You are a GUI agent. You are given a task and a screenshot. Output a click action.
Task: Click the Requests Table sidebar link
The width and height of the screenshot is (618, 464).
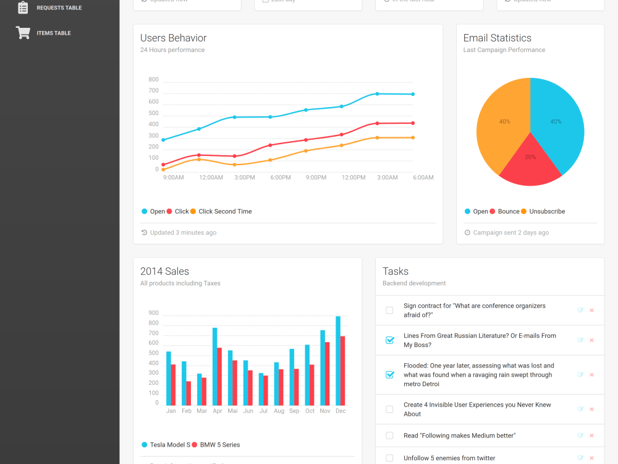[59, 8]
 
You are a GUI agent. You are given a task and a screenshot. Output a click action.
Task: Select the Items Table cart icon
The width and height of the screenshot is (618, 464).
[23, 33]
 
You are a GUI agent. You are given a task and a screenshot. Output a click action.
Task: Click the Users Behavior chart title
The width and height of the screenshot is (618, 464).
[173, 38]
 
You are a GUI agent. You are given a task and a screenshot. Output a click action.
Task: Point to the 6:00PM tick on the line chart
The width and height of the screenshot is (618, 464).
[280, 178]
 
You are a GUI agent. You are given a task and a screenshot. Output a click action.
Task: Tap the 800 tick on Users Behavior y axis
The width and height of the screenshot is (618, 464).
[153, 80]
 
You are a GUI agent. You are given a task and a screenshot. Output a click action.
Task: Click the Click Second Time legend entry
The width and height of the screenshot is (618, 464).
[224, 212]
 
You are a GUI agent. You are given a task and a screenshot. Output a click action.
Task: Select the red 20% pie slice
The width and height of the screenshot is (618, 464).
[530, 162]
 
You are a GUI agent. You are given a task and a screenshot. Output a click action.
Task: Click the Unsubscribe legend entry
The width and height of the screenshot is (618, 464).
[546, 212]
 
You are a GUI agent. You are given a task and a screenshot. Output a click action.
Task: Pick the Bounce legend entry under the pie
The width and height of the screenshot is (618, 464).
[508, 212]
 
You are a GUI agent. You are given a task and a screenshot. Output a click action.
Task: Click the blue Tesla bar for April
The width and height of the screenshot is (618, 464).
[214, 366]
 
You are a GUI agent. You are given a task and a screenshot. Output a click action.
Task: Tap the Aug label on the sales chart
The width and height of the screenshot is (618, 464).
[279, 411]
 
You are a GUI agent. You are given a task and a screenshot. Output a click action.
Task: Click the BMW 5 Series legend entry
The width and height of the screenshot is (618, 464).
[219, 445]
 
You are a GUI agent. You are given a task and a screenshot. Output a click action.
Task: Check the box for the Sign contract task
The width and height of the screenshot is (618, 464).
[389, 311]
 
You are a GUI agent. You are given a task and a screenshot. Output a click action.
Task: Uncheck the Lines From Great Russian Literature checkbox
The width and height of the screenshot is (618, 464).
[389, 340]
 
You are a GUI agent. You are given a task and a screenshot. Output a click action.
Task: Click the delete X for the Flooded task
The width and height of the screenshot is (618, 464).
[591, 375]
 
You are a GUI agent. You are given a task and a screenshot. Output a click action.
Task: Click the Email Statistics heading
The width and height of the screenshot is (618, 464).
[497, 38]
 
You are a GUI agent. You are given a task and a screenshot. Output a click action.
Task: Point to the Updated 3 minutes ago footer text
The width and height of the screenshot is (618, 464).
[183, 233]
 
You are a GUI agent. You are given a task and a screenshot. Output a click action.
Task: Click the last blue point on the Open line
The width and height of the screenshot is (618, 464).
[413, 94]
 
